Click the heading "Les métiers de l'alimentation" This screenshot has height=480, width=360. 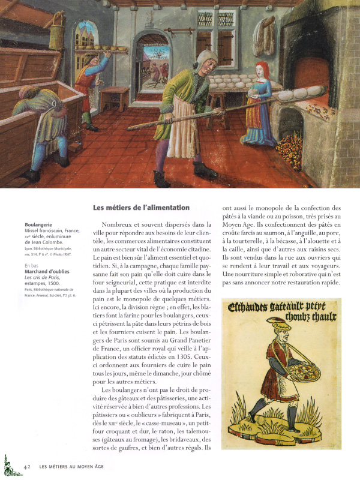click(141, 208)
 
